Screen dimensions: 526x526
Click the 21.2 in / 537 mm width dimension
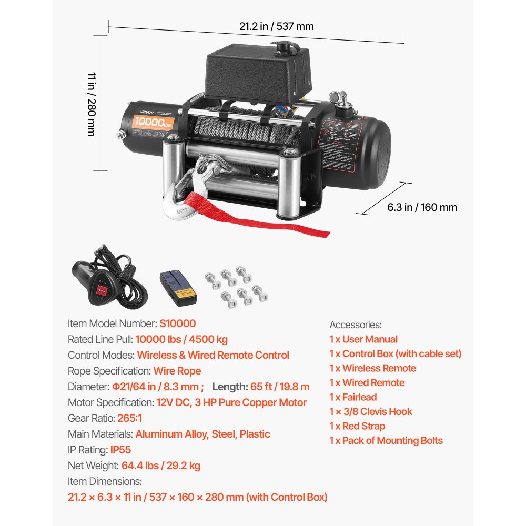click(x=277, y=26)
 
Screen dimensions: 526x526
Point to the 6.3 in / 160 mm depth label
click(x=422, y=207)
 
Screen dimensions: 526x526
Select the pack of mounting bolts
click(x=237, y=287)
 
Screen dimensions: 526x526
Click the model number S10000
click(x=178, y=323)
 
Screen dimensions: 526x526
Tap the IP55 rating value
click(x=120, y=450)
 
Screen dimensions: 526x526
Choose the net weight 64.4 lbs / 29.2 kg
click(x=160, y=466)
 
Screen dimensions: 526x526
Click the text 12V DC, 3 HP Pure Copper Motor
click(x=231, y=402)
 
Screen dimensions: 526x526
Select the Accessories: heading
click(x=356, y=325)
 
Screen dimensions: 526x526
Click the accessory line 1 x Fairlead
click(x=353, y=397)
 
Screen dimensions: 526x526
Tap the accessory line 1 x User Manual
click(x=363, y=339)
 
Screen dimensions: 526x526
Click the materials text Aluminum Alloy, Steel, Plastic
click(x=203, y=434)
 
